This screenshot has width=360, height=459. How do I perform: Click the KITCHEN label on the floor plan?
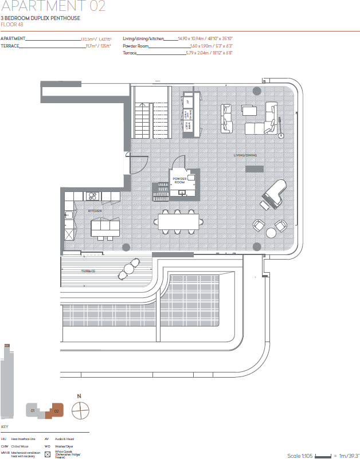(x=95, y=211)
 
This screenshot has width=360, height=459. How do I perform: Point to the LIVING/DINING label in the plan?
(x=246, y=155)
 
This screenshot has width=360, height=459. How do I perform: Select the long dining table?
(x=179, y=221)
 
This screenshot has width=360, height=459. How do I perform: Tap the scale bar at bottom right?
(x=324, y=456)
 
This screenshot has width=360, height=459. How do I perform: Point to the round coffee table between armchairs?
(x=271, y=232)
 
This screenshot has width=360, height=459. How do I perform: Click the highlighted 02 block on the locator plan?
(x=56, y=411)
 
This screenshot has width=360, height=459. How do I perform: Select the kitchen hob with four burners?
(x=92, y=197)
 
